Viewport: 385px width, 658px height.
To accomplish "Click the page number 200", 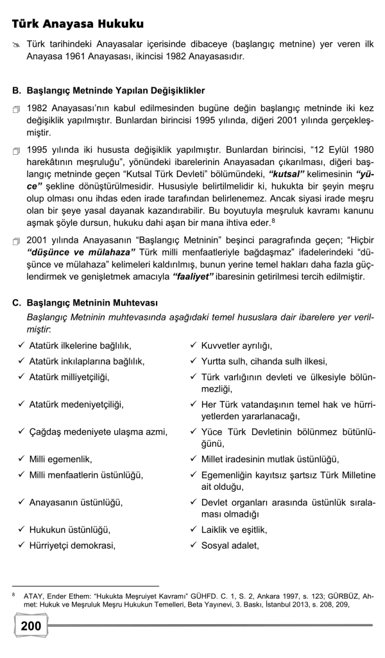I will tap(31, 625).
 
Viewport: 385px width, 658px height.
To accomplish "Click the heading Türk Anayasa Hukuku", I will tap(78, 24).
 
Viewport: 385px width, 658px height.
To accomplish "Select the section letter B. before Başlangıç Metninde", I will tap(16, 90).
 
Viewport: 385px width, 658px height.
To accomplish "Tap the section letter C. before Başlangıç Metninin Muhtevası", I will tap(16, 302).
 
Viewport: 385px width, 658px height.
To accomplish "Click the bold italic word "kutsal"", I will tap(288, 174).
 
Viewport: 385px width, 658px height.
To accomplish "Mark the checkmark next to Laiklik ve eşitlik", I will tap(193, 530).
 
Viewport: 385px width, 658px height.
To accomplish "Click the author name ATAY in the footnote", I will tap(35, 596).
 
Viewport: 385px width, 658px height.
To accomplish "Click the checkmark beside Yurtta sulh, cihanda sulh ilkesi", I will tap(193, 361).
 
